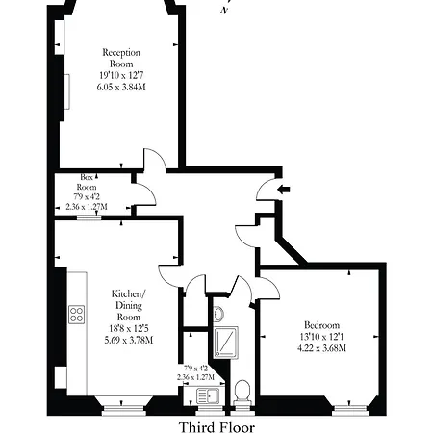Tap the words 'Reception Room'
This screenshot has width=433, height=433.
123,58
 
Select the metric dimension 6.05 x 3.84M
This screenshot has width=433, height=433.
123,86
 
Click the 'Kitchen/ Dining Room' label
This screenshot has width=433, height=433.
128,304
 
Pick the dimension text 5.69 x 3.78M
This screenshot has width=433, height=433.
128,339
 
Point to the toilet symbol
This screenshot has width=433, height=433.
242,391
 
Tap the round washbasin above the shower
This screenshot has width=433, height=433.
219,314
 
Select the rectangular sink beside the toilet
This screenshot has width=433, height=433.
211,392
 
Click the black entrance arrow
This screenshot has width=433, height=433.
281,190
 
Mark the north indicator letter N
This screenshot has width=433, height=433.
224,9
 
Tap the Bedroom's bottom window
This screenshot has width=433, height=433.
344,405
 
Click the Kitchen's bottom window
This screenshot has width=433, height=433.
120,405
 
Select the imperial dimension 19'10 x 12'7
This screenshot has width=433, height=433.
123,73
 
